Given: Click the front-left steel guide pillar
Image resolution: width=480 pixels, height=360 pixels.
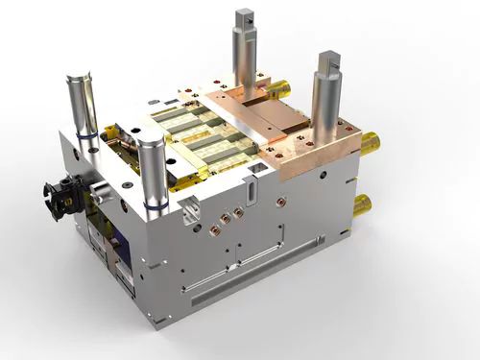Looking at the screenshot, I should click(152, 173).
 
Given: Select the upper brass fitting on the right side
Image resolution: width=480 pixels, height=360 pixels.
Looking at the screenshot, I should click(370, 144).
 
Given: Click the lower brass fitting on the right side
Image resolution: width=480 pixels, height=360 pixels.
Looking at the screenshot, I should click(363, 204).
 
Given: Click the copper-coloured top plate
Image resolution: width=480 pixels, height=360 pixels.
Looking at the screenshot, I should click(288, 134).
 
